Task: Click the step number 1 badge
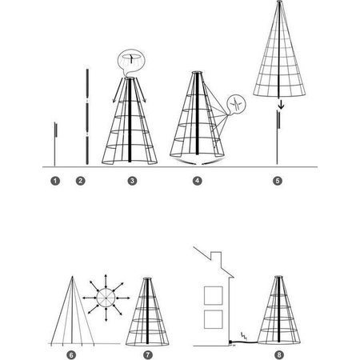(x=55, y=181)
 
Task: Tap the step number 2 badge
(x=81, y=181)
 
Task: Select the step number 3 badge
(x=132, y=181)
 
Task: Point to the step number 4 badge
(x=197, y=181)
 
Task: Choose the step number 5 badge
(x=278, y=181)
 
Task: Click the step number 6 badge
(x=71, y=355)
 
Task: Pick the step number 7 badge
(x=148, y=355)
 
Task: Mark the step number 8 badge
(x=279, y=355)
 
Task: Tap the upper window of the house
(x=214, y=295)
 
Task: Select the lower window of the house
(x=214, y=319)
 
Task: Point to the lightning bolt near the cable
(x=244, y=336)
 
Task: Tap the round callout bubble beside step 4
(x=236, y=104)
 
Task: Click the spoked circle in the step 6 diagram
(x=106, y=298)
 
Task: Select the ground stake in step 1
(x=55, y=144)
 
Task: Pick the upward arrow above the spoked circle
(x=106, y=281)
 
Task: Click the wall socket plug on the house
(x=230, y=342)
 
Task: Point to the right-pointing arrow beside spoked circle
(x=123, y=298)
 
